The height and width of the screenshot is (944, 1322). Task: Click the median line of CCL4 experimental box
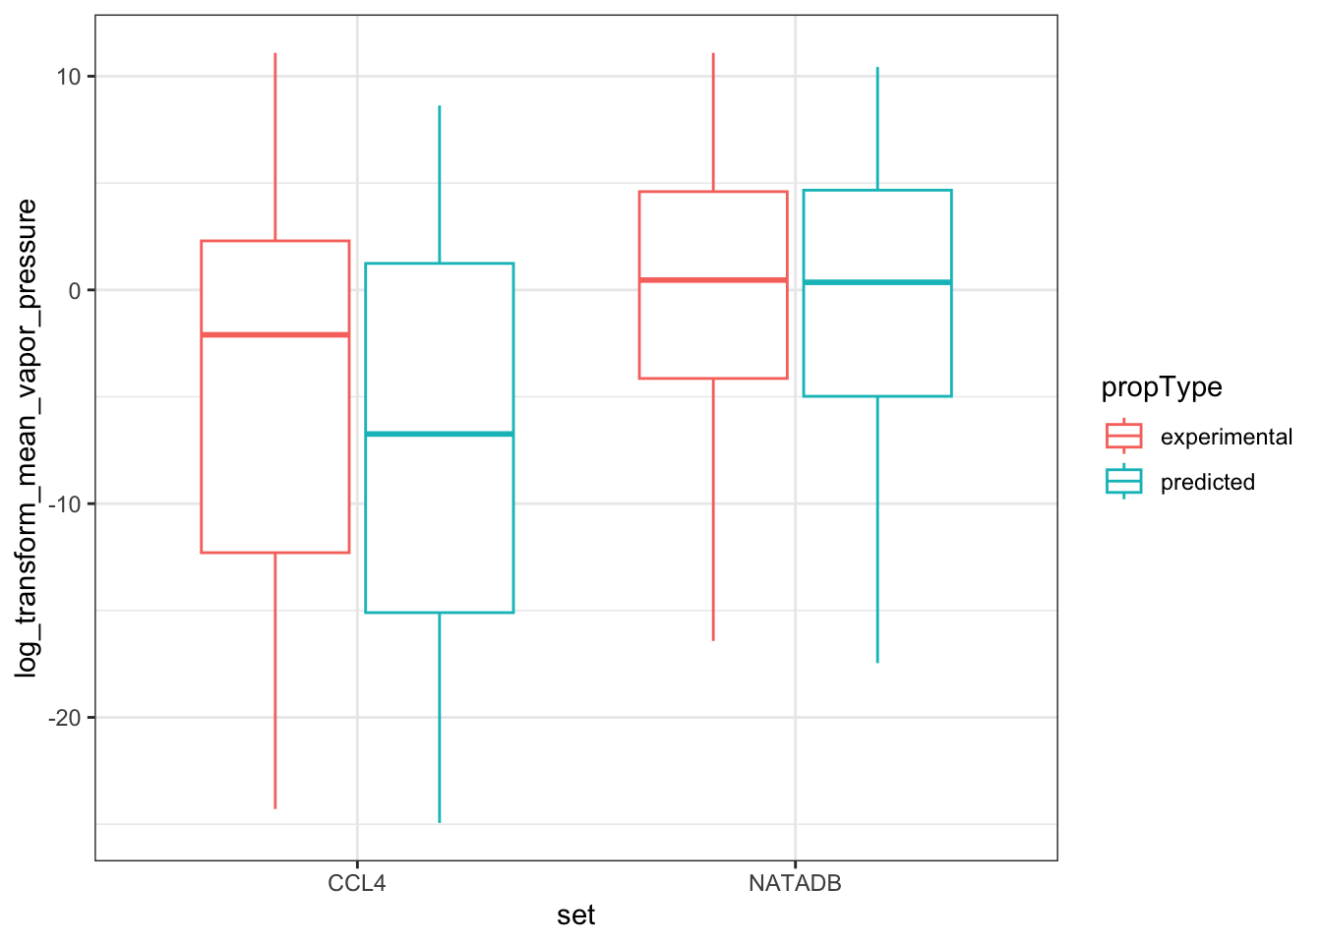pyautogui.click(x=275, y=335)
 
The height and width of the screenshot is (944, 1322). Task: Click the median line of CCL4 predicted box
pyautogui.click(x=440, y=434)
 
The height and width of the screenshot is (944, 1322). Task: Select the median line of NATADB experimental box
pyautogui.click(x=713, y=280)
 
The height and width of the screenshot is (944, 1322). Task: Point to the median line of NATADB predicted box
pyautogui.click(x=877, y=282)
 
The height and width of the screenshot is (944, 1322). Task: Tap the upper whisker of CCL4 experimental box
pyautogui.click(x=275, y=147)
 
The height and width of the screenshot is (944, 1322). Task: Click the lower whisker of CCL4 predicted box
pyautogui.click(x=440, y=718)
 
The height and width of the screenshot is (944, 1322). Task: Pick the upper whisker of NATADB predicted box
pyautogui.click(x=877, y=128)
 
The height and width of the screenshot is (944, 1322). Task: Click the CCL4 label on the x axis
pyautogui.click(x=357, y=883)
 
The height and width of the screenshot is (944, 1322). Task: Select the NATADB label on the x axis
pyautogui.click(x=795, y=883)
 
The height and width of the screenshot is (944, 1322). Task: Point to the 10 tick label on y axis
pyautogui.click(x=69, y=77)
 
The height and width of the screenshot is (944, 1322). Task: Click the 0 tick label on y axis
pyautogui.click(x=75, y=290)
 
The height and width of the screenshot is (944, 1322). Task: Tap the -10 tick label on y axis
pyautogui.click(x=66, y=504)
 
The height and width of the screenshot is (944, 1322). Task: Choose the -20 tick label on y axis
pyautogui.click(x=66, y=718)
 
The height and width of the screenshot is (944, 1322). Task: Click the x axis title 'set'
pyautogui.click(x=576, y=916)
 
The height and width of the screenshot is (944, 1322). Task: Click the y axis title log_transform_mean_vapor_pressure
pyautogui.click(x=28, y=438)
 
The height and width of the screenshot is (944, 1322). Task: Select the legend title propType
pyautogui.click(x=1162, y=387)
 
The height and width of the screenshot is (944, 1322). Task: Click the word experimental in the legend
pyautogui.click(x=1227, y=437)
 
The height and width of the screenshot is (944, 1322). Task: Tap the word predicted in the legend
pyautogui.click(x=1208, y=482)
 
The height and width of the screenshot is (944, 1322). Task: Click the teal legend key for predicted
pyautogui.click(x=1123, y=481)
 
